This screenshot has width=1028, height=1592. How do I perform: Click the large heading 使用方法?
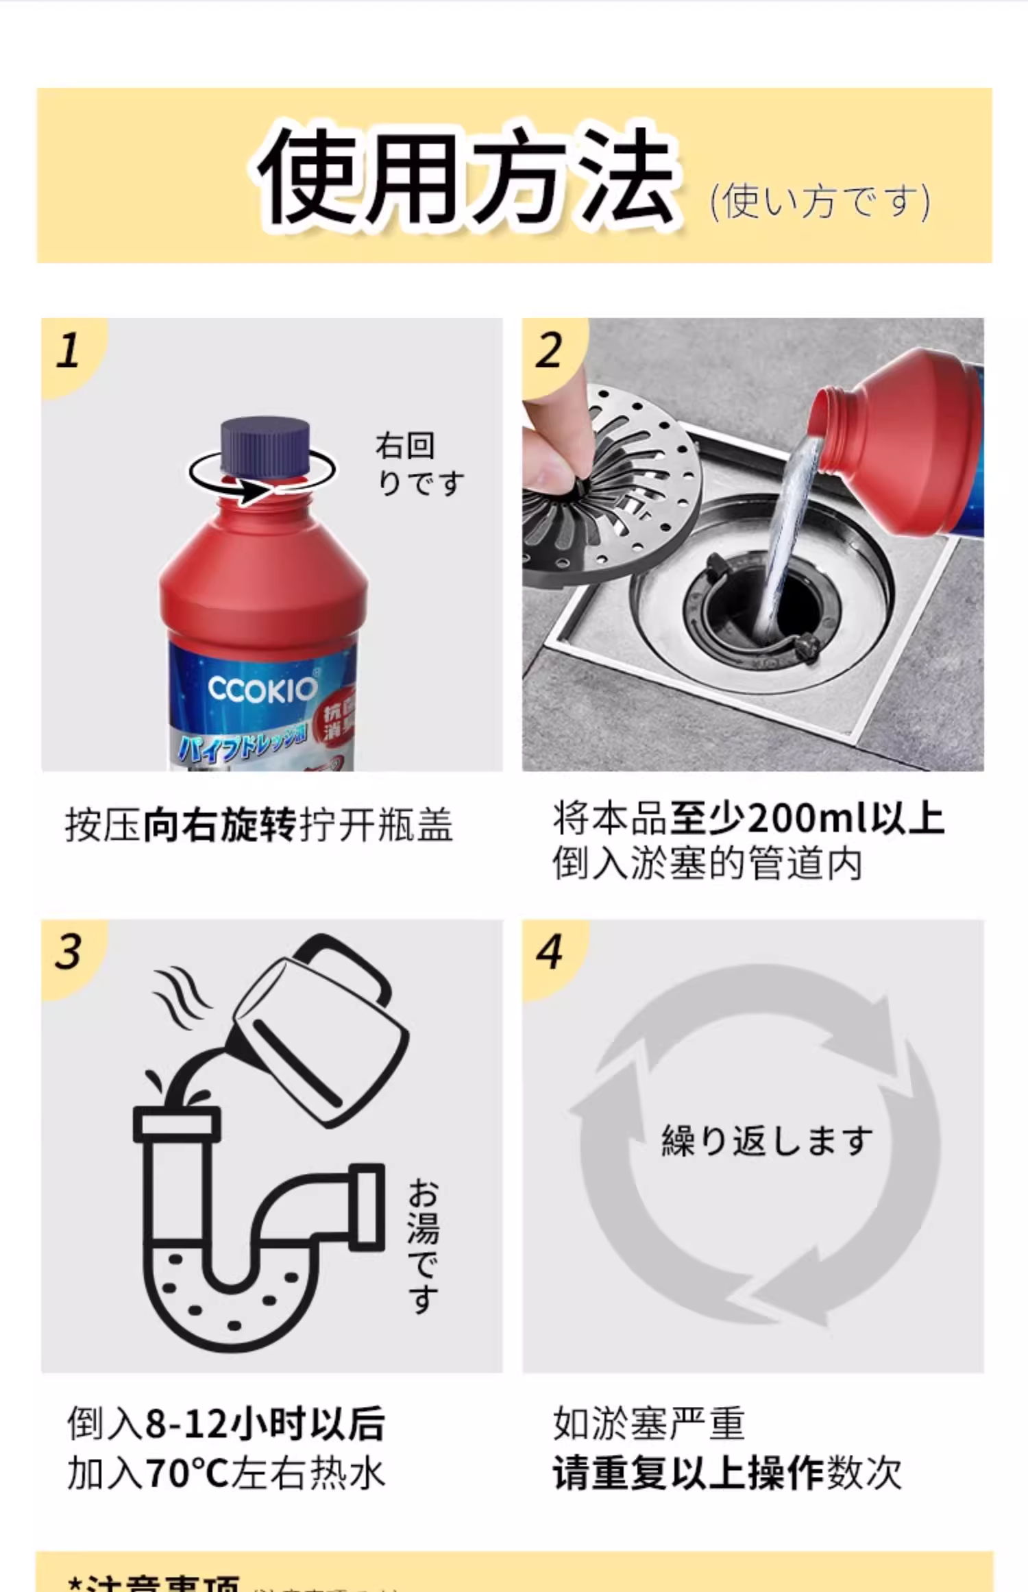pyautogui.click(x=466, y=177)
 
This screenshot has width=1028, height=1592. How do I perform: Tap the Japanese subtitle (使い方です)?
pyautogui.click(x=820, y=202)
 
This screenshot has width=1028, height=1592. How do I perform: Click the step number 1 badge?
pyautogui.click(x=69, y=351)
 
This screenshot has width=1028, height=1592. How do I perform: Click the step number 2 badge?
pyautogui.click(x=549, y=351)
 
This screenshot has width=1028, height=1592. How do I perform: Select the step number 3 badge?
pyautogui.click(x=69, y=952)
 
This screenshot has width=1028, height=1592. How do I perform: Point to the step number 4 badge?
pyautogui.click(x=549, y=952)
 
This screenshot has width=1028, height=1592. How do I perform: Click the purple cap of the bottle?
pyautogui.click(x=265, y=445)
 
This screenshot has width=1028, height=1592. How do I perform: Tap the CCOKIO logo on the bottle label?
pyautogui.click(x=262, y=689)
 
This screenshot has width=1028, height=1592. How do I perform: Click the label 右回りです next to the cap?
pyautogui.click(x=419, y=464)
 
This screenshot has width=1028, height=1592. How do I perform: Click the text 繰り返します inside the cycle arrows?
pyautogui.click(x=766, y=1142)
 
